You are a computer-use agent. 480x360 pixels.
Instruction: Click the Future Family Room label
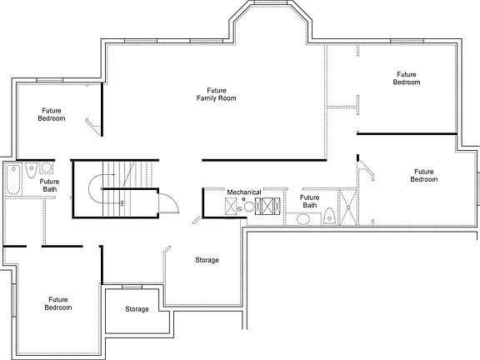(x=216, y=93)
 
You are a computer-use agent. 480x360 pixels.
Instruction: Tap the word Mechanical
(x=244, y=192)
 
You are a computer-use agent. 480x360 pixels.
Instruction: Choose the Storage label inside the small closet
(x=137, y=309)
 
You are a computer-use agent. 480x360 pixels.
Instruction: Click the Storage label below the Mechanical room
(x=207, y=260)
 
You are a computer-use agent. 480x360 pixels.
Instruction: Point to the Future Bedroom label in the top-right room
(x=407, y=78)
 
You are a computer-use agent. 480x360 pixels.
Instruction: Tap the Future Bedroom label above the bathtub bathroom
(x=51, y=114)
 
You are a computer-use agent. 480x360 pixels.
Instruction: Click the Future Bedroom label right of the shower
(x=423, y=175)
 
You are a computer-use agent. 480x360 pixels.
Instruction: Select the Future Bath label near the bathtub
(x=50, y=186)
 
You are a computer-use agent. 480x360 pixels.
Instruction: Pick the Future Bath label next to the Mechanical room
(x=309, y=201)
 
